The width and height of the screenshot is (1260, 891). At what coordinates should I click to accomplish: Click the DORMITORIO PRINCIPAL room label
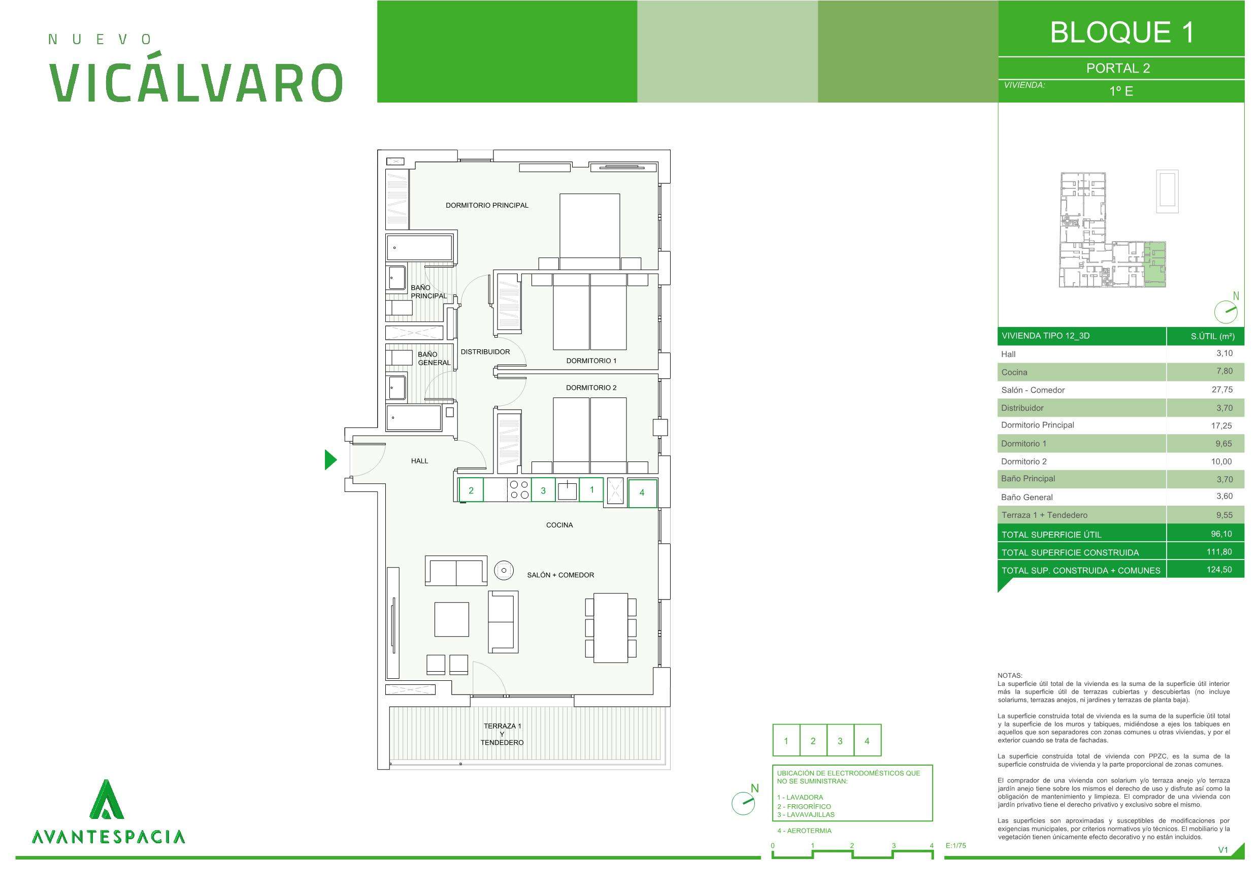[487, 205]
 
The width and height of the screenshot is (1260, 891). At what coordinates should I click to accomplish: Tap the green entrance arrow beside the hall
[330, 459]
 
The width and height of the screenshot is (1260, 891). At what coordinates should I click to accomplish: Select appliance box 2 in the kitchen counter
[471, 490]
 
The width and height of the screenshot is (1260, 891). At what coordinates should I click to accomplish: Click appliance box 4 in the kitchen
[642, 492]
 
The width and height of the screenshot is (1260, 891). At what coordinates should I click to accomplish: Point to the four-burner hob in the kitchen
[519, 490]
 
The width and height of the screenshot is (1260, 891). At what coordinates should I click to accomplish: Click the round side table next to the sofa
[503, 571]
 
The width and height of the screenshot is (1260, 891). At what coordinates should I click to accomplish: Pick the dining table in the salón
[611, 628]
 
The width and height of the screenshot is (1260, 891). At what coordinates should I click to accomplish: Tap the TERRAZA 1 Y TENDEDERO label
[502, 734]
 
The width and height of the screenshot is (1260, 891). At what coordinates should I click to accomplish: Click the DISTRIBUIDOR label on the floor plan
[485, 352]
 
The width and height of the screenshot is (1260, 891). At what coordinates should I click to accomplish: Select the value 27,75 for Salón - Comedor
[1222, 389]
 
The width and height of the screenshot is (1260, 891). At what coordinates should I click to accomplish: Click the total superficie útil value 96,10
[1221, 534]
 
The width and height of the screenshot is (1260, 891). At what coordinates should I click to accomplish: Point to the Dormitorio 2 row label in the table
[1023, 461]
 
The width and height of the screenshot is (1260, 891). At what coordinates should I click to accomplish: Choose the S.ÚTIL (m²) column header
[1212, 336]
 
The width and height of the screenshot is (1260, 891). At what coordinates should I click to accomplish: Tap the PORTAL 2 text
[1118, 68]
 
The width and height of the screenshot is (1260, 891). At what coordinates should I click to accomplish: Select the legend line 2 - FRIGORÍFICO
[804, 806]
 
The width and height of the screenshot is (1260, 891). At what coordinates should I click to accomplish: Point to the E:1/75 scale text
[955, 845]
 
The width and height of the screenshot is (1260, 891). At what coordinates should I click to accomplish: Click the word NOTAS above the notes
[1010, 676]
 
